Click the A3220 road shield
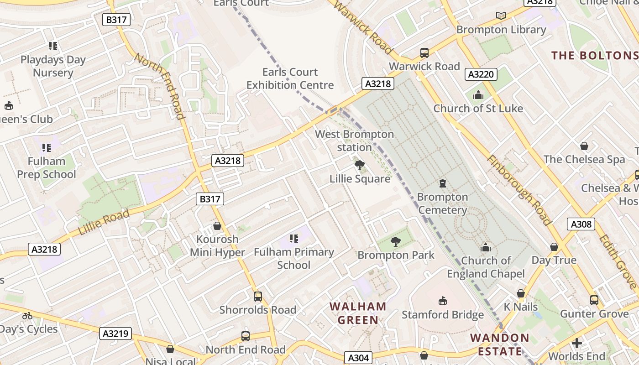[x=481, y=74]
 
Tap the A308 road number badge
[x=581, y=224]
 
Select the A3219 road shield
[x=115, y=334]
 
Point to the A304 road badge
[x=357, y=358]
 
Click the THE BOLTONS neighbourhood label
[x=595, y=56]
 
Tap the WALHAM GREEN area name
[x=358, y=313]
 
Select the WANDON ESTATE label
[x=499, y=344]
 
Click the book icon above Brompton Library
[x=501, y=16]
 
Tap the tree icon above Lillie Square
[x=360, y=165]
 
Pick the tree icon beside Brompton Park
[x=396, y=242]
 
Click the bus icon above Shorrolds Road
[x=258, y=297]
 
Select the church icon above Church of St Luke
[x=478, y=95]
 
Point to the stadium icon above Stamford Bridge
[x=442, y=301]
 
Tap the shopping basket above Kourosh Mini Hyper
[x=217, y=226]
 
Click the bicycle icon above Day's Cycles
[x=27, y=316]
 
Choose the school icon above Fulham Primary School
[x=294, y=238]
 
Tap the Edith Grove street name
[x=617, y=261]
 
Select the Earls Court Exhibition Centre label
[x=290, y=78]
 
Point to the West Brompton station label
[x=354, y=141]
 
